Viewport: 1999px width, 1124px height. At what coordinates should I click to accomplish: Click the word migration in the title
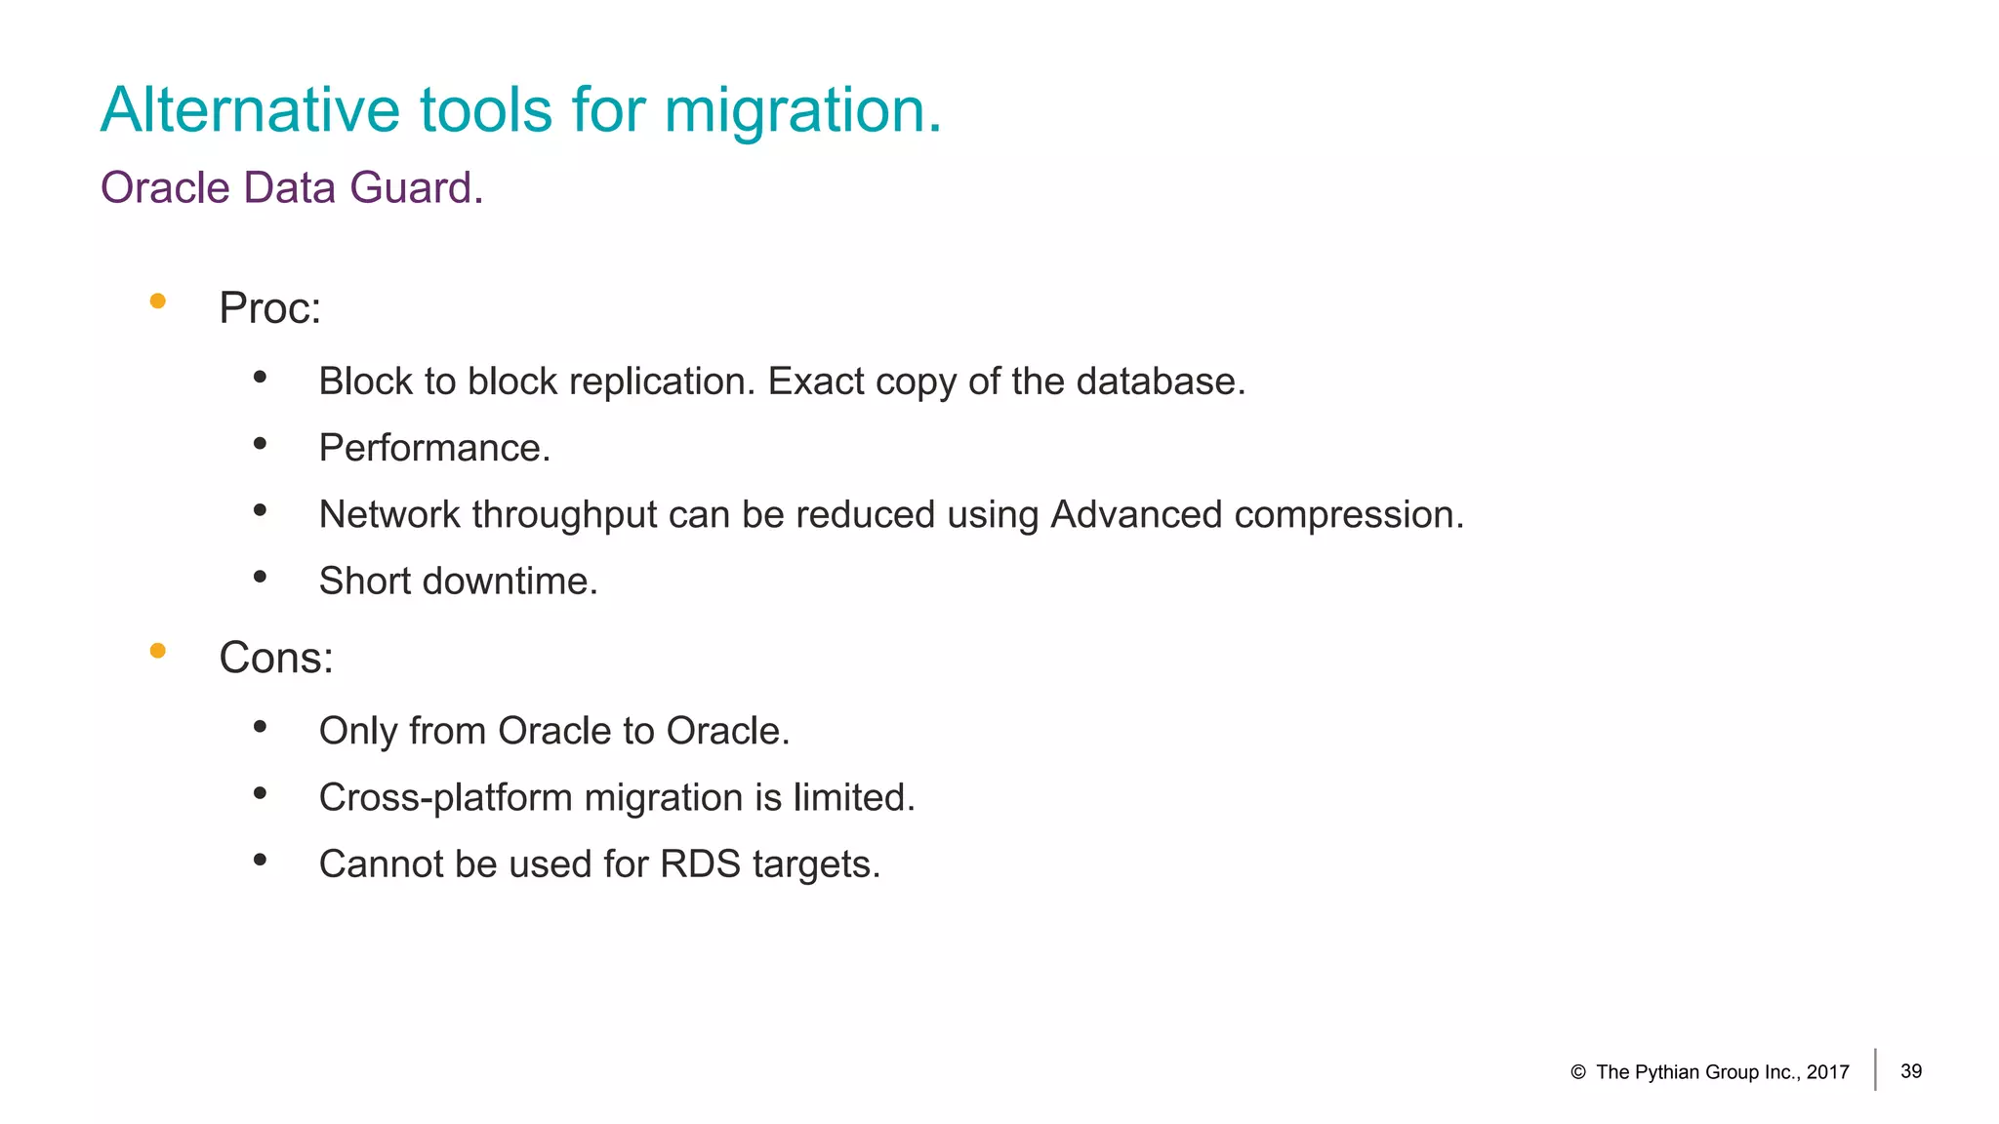click(801, 110)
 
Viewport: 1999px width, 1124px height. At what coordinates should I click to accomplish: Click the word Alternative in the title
click(250, 109)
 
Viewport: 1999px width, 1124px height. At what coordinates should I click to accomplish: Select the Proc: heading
click(269, 308)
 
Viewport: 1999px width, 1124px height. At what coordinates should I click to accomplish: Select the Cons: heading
click(276, 658)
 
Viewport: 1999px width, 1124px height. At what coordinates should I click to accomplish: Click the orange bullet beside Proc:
click(158, 301)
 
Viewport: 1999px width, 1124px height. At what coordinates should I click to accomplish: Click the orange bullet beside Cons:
click(158, 651)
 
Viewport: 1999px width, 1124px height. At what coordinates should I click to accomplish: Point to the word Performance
click(434, 448)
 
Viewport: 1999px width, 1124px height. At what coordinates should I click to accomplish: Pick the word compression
click(1348, 515)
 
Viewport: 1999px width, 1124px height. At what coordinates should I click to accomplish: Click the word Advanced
click(1135, 514)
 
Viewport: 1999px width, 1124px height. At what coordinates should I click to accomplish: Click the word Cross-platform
click(446, 798)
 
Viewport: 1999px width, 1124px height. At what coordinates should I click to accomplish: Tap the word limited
click(853, 798)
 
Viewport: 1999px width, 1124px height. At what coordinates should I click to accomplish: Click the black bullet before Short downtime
click(260, 577)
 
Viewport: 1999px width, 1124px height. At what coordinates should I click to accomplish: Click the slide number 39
click(1911, 1071)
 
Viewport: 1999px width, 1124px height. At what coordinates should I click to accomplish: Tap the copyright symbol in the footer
click(1578, 1072)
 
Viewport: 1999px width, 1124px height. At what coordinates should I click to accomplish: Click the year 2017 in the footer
click(1827, 1072)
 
